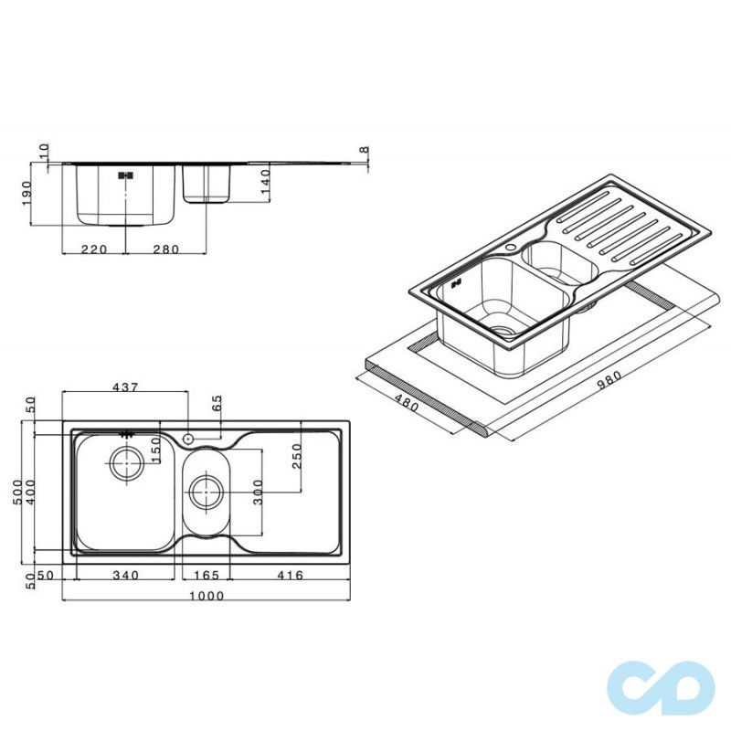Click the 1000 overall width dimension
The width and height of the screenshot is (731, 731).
(x=207, y=596)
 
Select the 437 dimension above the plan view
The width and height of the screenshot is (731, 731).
(x=126, y=387)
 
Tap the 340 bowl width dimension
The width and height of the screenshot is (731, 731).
(x=126, y=576)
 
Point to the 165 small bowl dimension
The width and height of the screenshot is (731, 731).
(x=207, y=576)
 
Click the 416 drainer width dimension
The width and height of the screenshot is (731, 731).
(x=290, y=576)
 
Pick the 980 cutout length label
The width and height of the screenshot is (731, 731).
(x=609, y=382)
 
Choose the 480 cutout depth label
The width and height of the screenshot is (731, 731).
(x=407, y=403)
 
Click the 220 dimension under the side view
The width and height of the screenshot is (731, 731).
(x=94, y=249)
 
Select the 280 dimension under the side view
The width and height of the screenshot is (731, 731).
(x=166, y=249)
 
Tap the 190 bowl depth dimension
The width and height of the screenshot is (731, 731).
(x=26, y=193)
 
